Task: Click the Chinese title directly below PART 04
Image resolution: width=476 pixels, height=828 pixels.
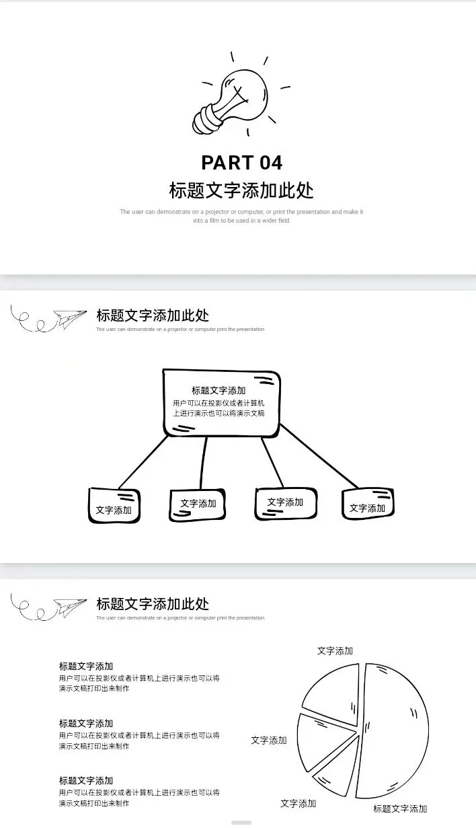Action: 241,190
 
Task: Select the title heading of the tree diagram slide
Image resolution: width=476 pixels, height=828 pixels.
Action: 153,315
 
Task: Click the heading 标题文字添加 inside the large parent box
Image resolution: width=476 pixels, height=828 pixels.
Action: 219,390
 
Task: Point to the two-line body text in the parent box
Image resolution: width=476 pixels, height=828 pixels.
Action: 219,408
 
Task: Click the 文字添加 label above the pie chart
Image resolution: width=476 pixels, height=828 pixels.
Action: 335,651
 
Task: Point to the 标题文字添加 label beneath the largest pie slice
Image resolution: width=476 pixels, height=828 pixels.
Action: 400,808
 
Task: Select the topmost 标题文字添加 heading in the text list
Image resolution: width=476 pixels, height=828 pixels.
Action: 86,666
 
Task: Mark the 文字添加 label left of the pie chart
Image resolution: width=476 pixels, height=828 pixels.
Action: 269,740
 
